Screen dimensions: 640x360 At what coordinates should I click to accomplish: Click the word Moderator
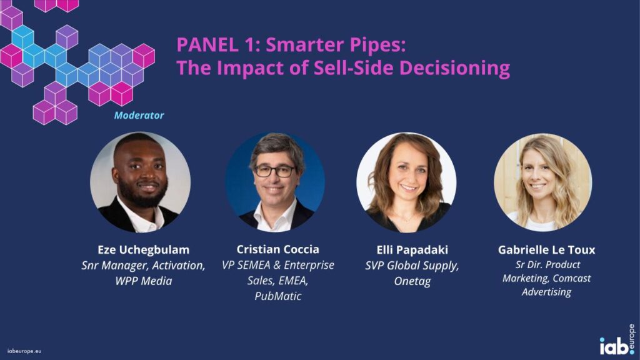(x=139, y=116)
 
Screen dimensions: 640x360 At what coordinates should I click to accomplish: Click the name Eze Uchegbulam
(x=143, y=249)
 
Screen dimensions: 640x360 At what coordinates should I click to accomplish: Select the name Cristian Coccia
(x=278, y=249)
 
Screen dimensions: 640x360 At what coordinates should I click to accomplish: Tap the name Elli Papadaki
(x=412, y=250)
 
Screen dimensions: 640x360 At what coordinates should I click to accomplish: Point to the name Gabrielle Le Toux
(x=546, y=250)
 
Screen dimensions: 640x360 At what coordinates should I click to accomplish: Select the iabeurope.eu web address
(x=24, y=351)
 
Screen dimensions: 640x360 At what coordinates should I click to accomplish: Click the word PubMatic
(x=278, y=296)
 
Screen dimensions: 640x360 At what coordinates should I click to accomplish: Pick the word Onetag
(x=412, y=281)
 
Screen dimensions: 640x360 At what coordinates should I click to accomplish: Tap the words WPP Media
(x=143, y=281)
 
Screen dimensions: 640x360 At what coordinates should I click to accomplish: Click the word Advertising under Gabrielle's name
(x=546, y=292)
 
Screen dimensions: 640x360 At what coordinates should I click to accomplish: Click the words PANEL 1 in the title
(x=218, y=44)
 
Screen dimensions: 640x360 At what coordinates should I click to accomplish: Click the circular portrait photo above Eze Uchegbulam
(x=141, y=182)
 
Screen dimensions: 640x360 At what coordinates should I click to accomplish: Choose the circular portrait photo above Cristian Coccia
(x=275, y=182)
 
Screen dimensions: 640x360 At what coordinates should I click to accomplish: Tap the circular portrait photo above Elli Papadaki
(x=406, y=182)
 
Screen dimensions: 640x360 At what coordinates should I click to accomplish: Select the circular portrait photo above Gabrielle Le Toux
(x=543, y=182)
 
